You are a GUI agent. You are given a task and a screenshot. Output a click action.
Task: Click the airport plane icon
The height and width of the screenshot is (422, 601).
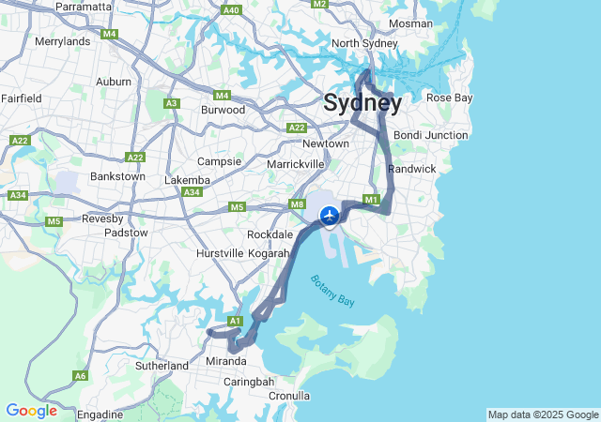point(330,216)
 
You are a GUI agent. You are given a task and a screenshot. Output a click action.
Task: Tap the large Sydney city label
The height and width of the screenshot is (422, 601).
point(362,103)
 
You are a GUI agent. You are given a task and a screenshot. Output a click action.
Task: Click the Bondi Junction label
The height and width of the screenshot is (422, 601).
point(431,135)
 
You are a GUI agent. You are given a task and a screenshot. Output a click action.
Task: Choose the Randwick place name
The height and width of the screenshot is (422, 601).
point(412,169)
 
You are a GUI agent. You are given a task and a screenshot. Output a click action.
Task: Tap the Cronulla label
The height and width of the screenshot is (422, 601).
point(288,396)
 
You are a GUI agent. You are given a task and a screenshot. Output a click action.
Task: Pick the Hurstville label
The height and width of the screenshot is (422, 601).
point(220,254)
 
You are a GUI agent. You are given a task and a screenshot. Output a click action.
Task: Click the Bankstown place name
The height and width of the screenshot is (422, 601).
point(117,176)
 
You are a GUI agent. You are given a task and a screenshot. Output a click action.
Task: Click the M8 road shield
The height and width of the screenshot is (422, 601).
point(298,204)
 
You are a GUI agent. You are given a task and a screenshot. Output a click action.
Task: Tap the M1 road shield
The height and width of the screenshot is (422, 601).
point(371,200)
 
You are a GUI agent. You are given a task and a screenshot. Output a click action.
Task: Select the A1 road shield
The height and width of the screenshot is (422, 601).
point(236,321)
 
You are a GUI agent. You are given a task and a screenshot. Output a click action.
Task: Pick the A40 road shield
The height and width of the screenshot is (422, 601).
point(232,10)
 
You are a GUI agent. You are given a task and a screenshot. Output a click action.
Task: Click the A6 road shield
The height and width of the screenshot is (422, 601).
point(81,376)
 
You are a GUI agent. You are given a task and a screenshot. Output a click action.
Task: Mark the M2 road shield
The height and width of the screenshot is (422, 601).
point(319,4)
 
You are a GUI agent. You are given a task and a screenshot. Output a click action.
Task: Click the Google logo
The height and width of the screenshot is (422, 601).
point(31,411)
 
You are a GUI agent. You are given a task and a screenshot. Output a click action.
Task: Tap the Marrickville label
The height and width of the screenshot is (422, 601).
point(296,164)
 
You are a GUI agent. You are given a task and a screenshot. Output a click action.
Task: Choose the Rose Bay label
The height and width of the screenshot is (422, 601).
point(450,98)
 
